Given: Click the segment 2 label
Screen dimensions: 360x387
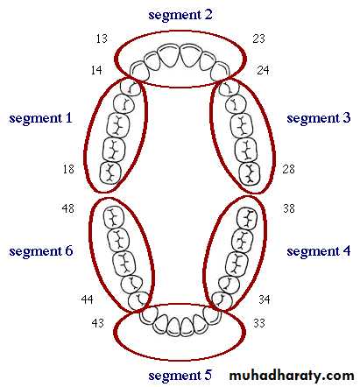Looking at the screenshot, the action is click(180, 15).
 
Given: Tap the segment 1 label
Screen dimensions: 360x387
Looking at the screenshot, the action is click(40, 118).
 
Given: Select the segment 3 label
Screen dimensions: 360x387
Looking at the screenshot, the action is click(319, 118).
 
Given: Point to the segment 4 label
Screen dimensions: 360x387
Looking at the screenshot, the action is click(319, 251).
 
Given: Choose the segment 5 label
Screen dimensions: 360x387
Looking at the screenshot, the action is click(180, 376).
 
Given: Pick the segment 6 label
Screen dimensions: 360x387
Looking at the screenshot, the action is click(41, 251).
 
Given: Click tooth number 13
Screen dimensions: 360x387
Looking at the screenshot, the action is click(102, 39).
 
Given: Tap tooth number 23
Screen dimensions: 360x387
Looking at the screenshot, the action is click(259, 39).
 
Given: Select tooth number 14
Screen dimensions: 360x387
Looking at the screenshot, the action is click(96, 70).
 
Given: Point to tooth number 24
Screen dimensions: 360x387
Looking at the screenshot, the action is click(263, 70).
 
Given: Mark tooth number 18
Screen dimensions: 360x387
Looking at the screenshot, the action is click(68, 169).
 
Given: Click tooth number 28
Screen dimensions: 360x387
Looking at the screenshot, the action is click(288, 169).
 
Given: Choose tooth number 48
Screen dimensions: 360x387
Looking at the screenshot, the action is click(67, 208).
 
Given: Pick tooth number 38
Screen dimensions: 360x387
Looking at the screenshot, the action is click(289, 208).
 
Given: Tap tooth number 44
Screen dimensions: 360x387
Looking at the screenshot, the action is click(87, 299).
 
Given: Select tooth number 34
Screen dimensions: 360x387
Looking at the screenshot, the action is click(265, 299).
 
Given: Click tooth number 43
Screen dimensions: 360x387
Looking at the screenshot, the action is click(97, 323).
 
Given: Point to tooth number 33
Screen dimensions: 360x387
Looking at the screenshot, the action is click(259, 323).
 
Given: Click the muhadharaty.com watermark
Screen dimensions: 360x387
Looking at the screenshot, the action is click(292, 376).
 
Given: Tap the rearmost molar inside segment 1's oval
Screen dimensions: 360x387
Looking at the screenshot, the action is click(110, 173).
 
